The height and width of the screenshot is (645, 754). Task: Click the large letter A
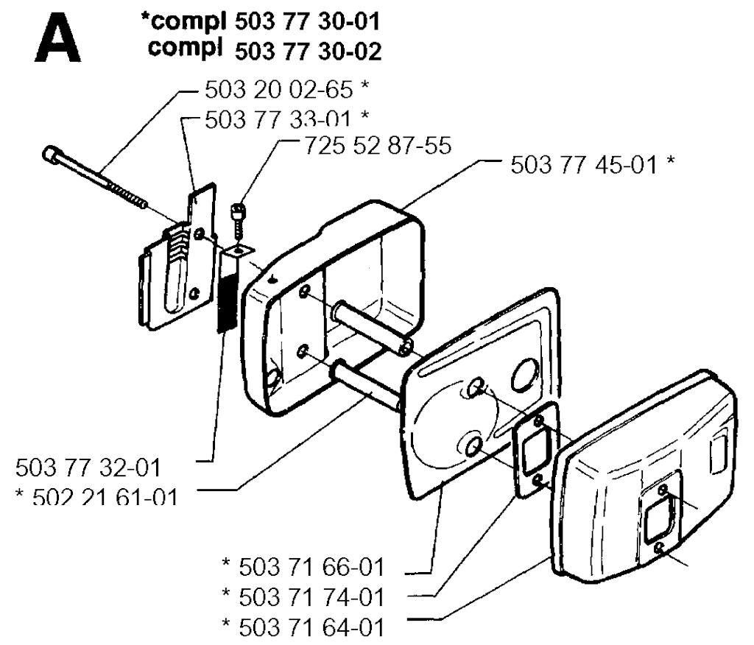point(57,38)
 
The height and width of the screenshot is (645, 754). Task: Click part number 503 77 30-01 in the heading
point(308,21)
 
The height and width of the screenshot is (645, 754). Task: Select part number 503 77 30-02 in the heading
point(309,52)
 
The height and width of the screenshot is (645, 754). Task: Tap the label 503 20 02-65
point(279,90)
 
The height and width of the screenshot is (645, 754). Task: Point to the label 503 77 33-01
point(278,119)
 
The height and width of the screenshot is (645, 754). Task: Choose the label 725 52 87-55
point(378,146)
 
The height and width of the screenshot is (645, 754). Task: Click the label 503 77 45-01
point(584,165)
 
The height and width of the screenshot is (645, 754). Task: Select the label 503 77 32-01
point(88,468)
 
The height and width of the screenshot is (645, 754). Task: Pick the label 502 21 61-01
point(105,496)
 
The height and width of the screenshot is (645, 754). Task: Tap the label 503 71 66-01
point(311,567)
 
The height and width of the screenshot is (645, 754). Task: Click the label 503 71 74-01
point(311,597)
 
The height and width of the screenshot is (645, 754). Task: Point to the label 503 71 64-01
point(311,627)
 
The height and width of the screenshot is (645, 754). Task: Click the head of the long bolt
point(51,154)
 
